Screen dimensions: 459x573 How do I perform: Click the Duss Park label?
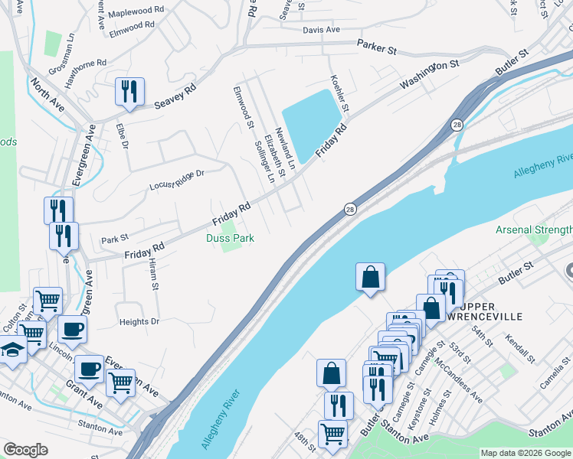(230, 238)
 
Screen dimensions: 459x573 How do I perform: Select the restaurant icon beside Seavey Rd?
(128, 92)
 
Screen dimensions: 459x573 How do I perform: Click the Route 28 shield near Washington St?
(457, 124)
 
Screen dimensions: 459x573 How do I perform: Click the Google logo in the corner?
(26, 450)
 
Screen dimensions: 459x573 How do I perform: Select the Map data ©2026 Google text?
(525, 453)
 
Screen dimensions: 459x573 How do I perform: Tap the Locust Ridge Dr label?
(177, 179)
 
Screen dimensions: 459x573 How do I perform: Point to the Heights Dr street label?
(139, 322)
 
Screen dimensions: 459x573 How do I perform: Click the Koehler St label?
(339, 93)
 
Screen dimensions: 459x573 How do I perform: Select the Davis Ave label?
(321, 30)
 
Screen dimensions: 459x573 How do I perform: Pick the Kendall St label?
(522, 348)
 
